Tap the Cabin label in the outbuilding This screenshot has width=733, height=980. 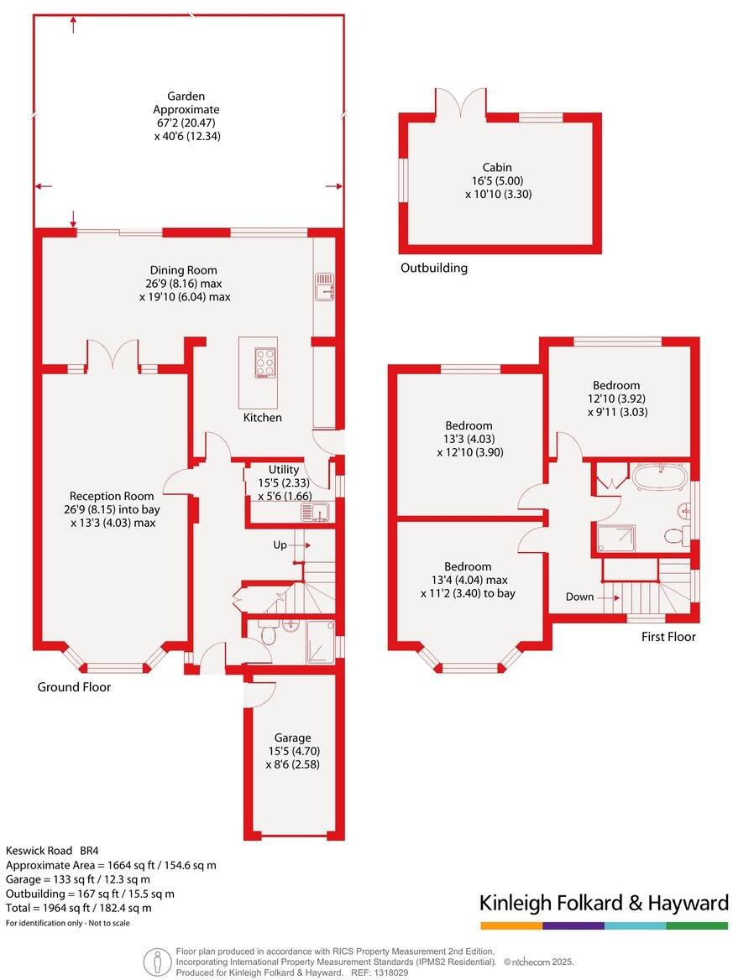click(497, 168)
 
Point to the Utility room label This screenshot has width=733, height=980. click(284, 470)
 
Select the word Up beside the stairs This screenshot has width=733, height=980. click(280, 545)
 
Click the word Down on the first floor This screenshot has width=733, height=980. click(580, 597)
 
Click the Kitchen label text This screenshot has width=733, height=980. click(263, 418)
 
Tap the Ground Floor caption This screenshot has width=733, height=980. click(74, 687)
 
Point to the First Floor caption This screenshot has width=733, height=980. click(668, 637)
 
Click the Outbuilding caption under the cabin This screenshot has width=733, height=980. click(433, 268)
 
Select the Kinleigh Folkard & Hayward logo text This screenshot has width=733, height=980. click(604, 903)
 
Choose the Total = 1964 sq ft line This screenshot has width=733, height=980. click(79, 908)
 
